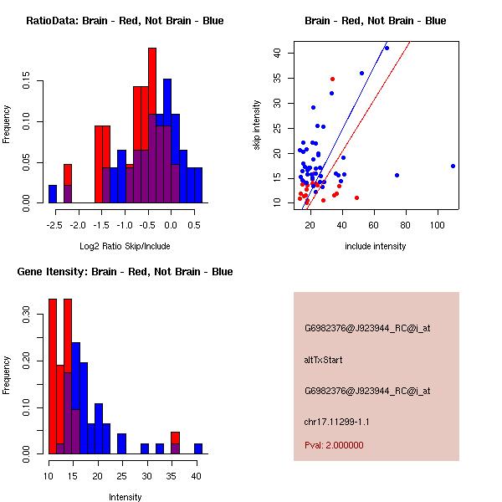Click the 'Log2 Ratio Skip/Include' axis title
(125, 246)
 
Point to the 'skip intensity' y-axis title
(257, 125)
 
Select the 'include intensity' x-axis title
(376, 246)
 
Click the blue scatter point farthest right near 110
(453, 166)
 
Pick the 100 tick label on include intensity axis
(438, 225)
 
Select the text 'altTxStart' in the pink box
(324, 360)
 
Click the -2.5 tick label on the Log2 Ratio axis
(52, 225)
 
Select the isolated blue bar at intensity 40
(198, 448)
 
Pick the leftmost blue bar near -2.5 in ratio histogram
(53, 194)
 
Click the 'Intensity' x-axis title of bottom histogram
(125, 497)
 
